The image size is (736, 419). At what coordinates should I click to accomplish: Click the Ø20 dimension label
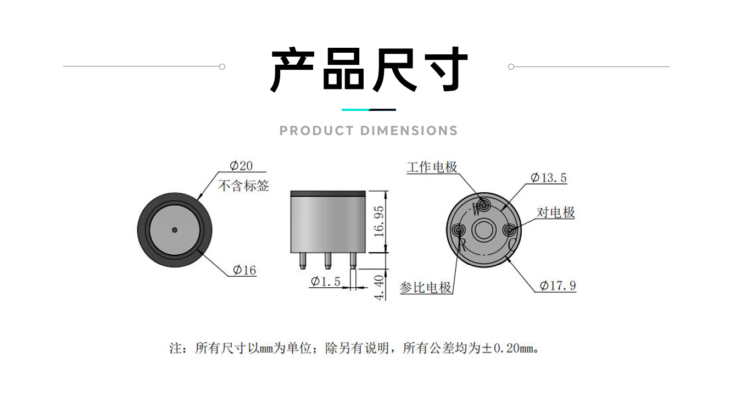pyautogui.click(x=241, y=166)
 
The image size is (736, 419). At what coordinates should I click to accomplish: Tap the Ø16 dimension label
pyautogui.click(x=244, y=270)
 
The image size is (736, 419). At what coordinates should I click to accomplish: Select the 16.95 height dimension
pyautogui.click(x=379, y=221)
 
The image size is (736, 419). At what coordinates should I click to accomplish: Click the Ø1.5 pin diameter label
pyautogui.click(x=326, y=282)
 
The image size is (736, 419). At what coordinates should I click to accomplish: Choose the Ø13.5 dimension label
pyautogui.click(x=549, y=178)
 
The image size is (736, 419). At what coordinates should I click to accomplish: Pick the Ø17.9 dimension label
pyautogui.click(x=557, y=286)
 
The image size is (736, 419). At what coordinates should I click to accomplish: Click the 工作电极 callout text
pyautogui.click(x=432, y=167)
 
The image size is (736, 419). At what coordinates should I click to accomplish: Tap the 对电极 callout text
pyautogui.click(x=555, y=213)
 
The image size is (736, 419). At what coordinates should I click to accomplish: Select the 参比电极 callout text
pyautogui.click(x=426, y=287)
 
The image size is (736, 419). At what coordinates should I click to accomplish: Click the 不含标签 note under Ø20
pyautogui.click(x=244, y=186)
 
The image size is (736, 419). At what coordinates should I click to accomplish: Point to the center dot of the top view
pyautogui.click(x=175, y=230)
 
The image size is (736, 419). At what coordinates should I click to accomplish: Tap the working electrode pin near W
pyautogui.click(x=484, y=205)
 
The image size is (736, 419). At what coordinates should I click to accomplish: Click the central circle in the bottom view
pyautogui.click(x=483, y=229)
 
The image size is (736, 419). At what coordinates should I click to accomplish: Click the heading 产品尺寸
pyautogui.click(x=369, y=70)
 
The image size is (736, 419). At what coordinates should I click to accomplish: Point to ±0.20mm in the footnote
pyautogui.click(x=510, y=348)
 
